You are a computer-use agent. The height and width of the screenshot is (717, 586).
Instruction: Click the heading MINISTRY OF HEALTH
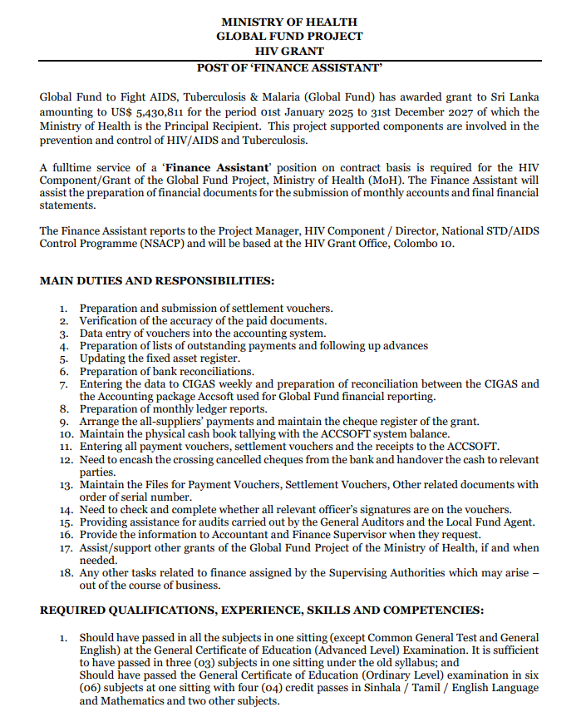tap(289, 22)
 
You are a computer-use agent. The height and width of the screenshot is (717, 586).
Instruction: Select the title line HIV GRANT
tap(289, 51)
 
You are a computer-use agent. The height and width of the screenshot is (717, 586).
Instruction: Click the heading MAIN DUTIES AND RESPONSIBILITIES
tap(157, 280)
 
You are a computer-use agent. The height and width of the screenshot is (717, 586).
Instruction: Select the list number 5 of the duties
tap(63, 358)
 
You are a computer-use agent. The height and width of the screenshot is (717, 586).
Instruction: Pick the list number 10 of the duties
tap(63, 434)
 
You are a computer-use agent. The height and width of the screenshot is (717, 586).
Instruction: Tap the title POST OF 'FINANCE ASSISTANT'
tap(289, 67)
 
